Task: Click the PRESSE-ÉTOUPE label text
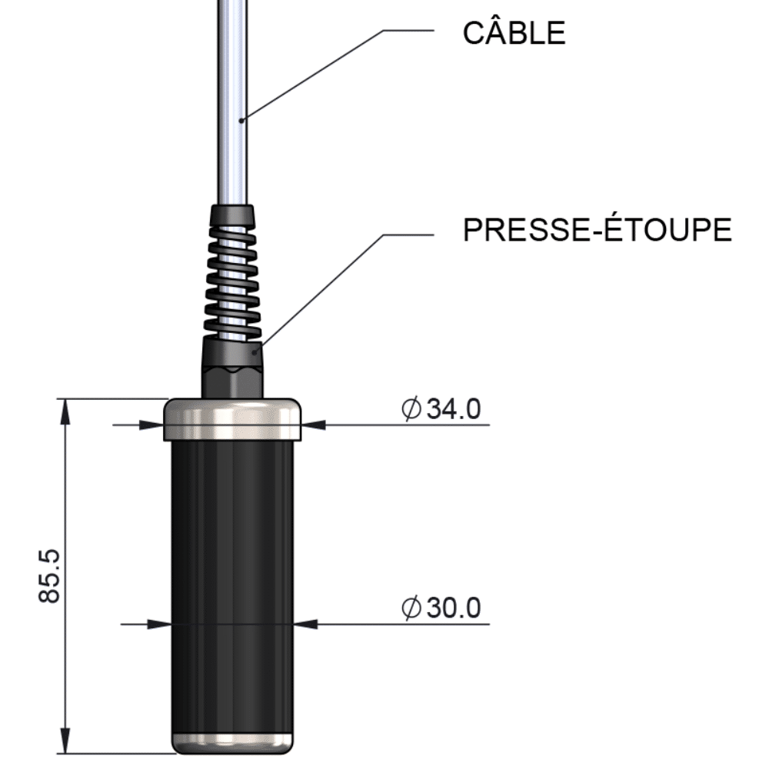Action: [x=597, y=230]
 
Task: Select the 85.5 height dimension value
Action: [x=50, y=576]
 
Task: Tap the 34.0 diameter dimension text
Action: [x=454, y=410]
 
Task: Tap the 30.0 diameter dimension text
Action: [x=454, y=609]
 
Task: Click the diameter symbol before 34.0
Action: [x=411, y=410]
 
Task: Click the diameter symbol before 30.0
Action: [x=411, y=609]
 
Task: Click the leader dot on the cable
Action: [x=241, y=119]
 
